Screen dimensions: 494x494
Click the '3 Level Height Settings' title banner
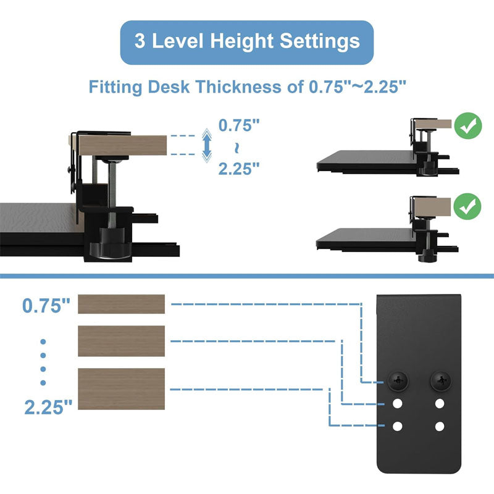[x=247, y=42]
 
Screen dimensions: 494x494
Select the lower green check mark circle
[x=468, y=206]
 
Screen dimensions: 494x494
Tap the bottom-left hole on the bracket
[x=398, y=426]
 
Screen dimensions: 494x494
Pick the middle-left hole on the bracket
[x=398, y=404]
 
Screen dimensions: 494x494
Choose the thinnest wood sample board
[x=121, y=304]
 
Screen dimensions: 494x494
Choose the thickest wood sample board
[x=121, y=389]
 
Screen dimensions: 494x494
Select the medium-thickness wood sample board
[x=121, y=341]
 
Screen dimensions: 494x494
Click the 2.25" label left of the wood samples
[x=48, y=406]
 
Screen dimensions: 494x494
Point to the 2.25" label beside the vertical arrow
[x=239, y=167]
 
